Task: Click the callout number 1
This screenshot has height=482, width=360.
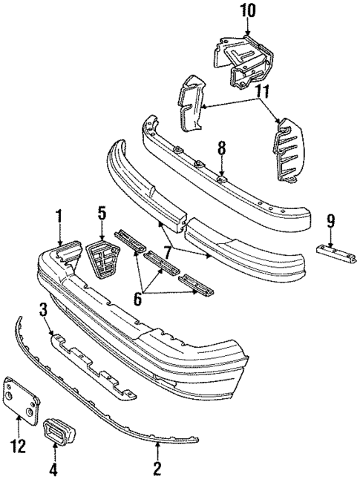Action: tap(59, 218)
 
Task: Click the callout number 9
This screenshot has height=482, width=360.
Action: tap(330, 219)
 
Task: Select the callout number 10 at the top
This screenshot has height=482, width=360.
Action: tap(246, 10)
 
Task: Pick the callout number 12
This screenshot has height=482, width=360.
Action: tap(18, 446)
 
